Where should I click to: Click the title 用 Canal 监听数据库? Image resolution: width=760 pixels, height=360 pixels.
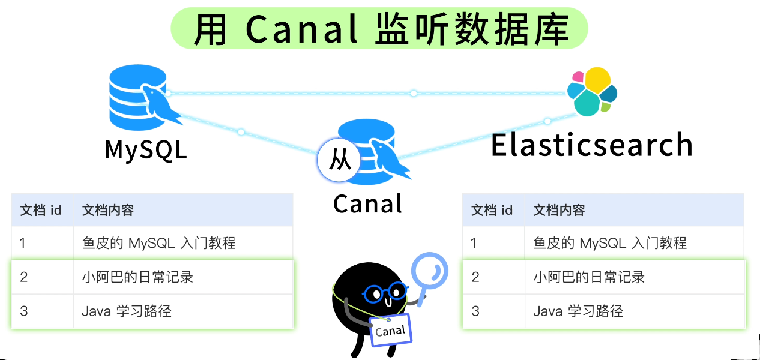pos(379,29)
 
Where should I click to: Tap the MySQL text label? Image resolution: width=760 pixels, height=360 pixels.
pos(146,149)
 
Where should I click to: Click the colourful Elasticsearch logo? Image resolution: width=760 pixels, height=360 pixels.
pos(593,92)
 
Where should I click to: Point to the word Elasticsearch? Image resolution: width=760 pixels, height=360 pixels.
pos(592,145)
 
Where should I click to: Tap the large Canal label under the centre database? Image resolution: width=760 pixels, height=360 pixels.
pos(367,204)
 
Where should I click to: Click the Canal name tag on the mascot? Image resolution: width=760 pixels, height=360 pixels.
pos(390,330)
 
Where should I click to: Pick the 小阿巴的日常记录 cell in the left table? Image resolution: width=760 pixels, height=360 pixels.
pos(137,277)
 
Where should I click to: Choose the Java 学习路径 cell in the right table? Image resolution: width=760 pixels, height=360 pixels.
pos(578,311)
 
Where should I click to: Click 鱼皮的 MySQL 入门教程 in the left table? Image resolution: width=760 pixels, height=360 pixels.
pos(158,243)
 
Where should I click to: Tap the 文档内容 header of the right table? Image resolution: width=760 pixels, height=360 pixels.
pos(559,210)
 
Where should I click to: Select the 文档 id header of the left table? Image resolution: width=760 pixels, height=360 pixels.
pos(41,210)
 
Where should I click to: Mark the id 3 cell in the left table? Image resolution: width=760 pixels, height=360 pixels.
pos(24,311)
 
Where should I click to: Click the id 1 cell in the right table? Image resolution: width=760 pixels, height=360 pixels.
pos(474,243)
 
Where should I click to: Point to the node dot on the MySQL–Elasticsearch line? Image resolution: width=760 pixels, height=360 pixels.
pos(414,93)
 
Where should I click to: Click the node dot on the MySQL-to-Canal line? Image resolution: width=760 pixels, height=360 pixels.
pos(241,131)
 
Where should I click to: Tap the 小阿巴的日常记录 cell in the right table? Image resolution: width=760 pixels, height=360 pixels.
pos(589,277)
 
